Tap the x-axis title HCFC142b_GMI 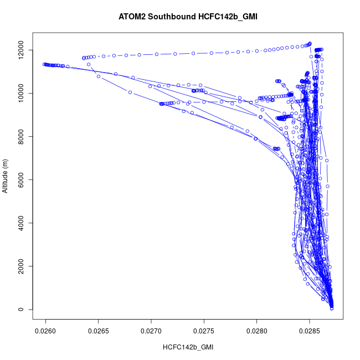coord(188,347)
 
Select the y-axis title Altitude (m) coord(6,176)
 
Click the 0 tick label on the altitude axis coord(20,310)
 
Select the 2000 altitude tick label coord(20,266)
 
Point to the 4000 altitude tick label coord(20,223)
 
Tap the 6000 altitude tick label coord(20,180)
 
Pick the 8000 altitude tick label coord(20,137)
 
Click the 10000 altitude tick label coord(20,94)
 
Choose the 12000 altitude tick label coord(20,50)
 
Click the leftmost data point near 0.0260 coord(44,64)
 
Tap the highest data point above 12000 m coord(310,43)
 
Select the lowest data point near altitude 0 coord(332,308)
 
